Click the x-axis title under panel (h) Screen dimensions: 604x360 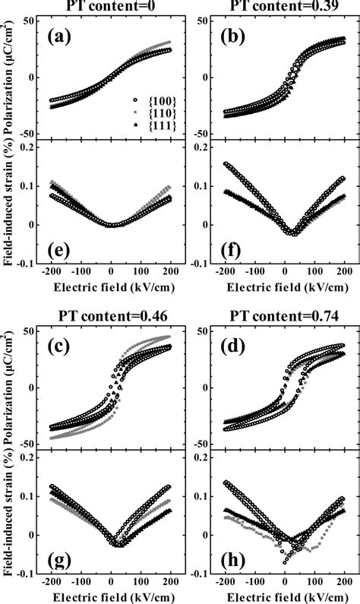click(x=283, y=599)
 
